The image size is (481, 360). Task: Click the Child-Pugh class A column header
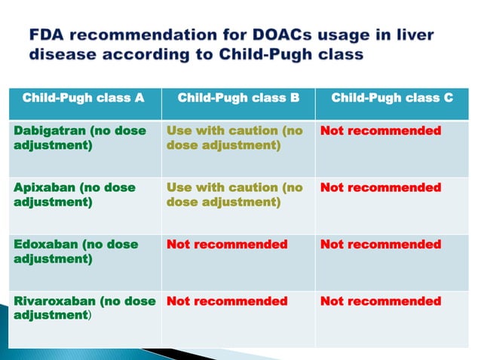[83, 98]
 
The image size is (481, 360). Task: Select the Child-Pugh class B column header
[235, 98]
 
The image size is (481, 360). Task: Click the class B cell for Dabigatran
[234, 138]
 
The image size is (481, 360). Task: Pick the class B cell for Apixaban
[234, 194]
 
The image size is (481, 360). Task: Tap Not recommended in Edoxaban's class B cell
[226, 245]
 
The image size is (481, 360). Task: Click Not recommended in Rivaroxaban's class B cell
[226, 301]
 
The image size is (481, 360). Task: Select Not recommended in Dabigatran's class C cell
[381, 131]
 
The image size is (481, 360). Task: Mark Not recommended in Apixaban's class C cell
[381, 188]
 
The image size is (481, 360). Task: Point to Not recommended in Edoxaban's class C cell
[381, 245]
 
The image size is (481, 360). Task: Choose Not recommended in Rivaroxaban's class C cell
[381, 301]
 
